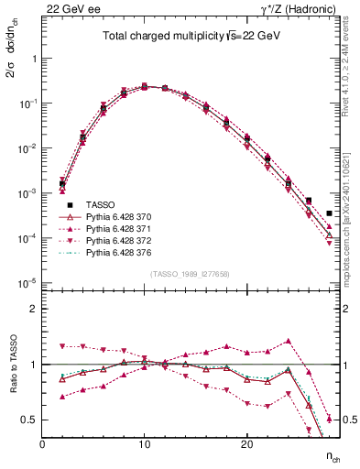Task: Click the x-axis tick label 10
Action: (x=145, y=443)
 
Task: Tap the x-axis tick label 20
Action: (x=246, y=443)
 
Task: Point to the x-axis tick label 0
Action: (x=42, y=443)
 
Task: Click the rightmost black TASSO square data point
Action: (x=329, y=213)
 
